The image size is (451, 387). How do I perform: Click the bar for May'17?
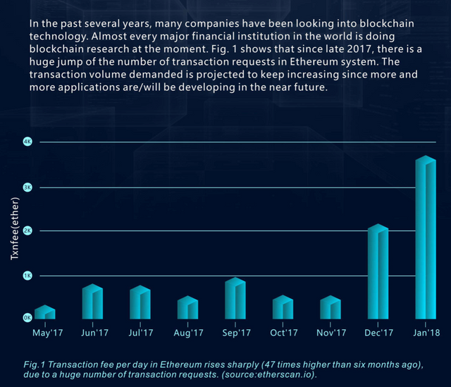point(44,312)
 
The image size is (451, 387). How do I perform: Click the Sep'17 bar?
point(235,299)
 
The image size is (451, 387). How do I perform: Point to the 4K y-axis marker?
point(27,142)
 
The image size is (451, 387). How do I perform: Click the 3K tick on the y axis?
point(27,188)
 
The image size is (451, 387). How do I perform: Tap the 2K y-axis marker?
point(27,231)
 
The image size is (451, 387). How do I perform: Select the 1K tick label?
point(27,276)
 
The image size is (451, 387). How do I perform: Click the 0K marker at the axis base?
point(27,318)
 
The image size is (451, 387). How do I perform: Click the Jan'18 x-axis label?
point(426,333)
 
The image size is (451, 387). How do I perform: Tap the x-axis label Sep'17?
point(235,333)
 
